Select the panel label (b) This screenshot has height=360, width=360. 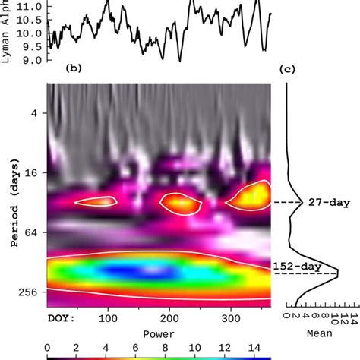click(74, 68)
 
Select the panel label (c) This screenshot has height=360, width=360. click(288, 69)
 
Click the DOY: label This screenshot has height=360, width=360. click(62, 318)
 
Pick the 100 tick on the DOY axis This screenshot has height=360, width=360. click(108, 318)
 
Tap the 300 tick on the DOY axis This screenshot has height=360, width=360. click(231, 318)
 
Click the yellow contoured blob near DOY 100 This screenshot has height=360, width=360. click(97, 201)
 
